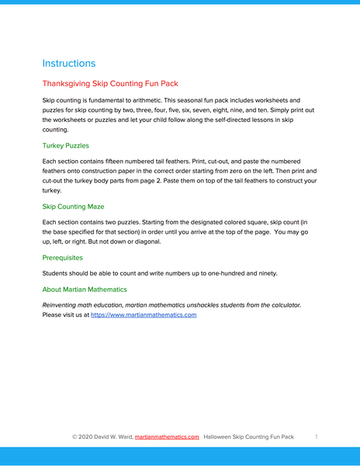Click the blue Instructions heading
[x=69, y=64]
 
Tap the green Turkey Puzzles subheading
[x=66, y=145]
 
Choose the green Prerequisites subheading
[x=63, y=257]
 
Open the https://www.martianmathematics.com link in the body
[x=144, y=315]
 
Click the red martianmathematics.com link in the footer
[x=167, y=437]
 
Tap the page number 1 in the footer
[x=317, y=437]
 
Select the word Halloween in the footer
[x=220, y=437]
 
